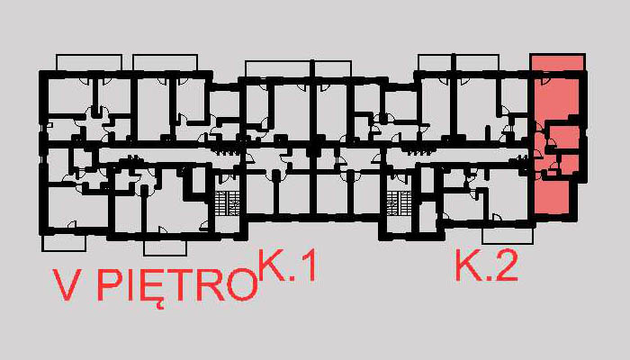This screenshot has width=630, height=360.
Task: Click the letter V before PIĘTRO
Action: click(x=69, y=287)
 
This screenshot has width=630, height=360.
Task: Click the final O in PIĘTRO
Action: click(x=239, y=287)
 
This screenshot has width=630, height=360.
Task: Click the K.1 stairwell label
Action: click(x=287, y=267)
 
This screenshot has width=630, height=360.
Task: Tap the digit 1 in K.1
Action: click(x=305, y=267)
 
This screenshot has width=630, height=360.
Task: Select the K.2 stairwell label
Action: click(x=487, y=267)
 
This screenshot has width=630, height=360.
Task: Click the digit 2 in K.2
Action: click(x=506, y=267)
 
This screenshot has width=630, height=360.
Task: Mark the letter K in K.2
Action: click(x=469, y=267)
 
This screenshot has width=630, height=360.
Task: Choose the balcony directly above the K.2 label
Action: click(x=507, y=235)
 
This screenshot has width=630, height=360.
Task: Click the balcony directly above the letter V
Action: click(x=63, y=242)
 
